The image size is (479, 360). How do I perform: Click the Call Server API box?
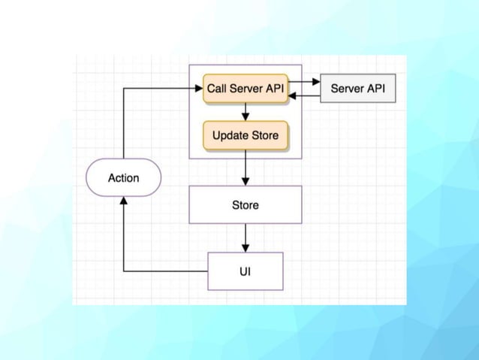point(246,89)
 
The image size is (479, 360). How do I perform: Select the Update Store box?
point(246,135)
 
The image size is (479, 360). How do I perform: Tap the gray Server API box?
point(357,88)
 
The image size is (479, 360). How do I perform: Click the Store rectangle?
point(246,204)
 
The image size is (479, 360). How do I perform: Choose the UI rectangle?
point(246,271)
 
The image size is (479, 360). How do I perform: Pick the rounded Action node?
point(123,177)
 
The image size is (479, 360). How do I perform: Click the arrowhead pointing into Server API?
point(316,82)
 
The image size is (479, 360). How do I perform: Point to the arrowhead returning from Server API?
point(292,95)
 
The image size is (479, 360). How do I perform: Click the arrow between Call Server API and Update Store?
point(246,112)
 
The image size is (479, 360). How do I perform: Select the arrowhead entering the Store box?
point(246,182)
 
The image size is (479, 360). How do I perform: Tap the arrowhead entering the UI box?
point(246,248)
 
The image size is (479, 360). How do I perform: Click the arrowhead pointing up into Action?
point(123,201)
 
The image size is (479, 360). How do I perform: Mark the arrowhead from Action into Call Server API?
point(199,89)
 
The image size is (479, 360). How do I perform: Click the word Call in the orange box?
point(217,89)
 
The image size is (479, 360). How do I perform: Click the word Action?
point(123,177)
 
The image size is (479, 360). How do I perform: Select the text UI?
point(246,271)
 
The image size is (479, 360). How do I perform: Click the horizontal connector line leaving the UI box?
point(166,271)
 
